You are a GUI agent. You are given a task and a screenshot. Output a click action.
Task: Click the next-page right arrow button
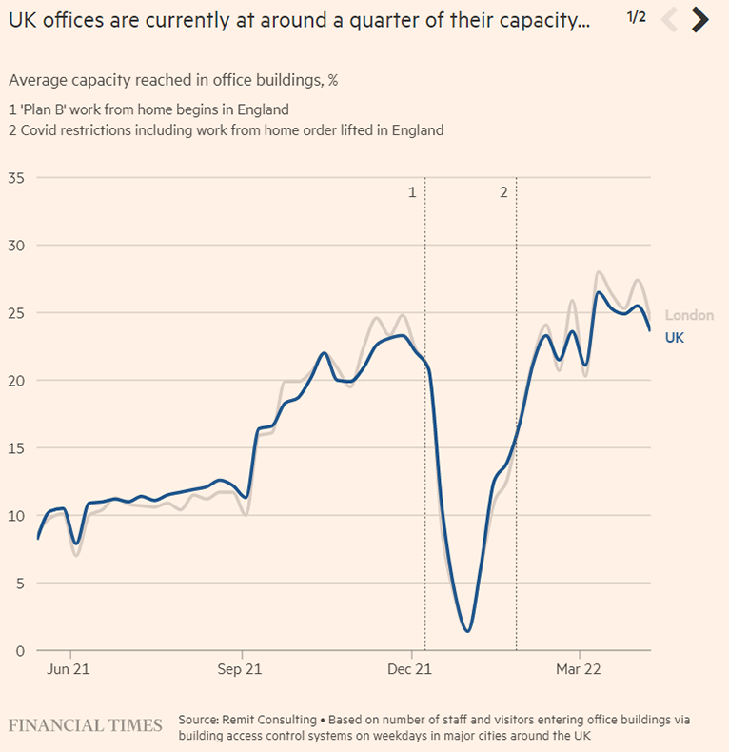tap(700, 19)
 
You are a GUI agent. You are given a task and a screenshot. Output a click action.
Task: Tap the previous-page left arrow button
tap(669, 19)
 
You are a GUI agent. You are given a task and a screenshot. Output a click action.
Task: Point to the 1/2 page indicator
tap(636, 16)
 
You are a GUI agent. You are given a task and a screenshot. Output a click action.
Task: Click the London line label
tap(689, 315)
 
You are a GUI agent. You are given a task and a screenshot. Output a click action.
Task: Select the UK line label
tap(674, 337)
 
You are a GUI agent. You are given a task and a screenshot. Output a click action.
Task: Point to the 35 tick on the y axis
tap(17, 177)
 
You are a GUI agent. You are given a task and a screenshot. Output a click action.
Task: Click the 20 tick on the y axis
tap(17, 380)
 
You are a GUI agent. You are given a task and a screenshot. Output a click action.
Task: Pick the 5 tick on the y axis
tap(20, 583)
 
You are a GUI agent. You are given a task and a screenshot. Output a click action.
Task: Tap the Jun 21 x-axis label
tap(69, 669)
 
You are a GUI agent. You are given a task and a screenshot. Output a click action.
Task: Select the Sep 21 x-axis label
tap(240, 669)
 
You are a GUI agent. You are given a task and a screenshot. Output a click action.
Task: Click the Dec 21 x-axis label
tap(409, 669)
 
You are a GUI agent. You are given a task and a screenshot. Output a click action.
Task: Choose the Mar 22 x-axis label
tap(579, 669)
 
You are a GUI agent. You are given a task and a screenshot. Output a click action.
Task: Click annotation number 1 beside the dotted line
tap(412, 192)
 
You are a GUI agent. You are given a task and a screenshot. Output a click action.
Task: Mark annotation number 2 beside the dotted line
tap(503, 192)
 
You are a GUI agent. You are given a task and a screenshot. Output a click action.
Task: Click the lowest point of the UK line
tap(466, 630)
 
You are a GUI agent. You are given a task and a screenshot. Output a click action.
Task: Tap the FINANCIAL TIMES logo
tap(86, 725)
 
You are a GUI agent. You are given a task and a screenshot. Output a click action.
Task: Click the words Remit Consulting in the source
tap(267, 720)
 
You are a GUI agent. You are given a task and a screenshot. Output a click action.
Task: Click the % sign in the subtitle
tap(333, 81)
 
